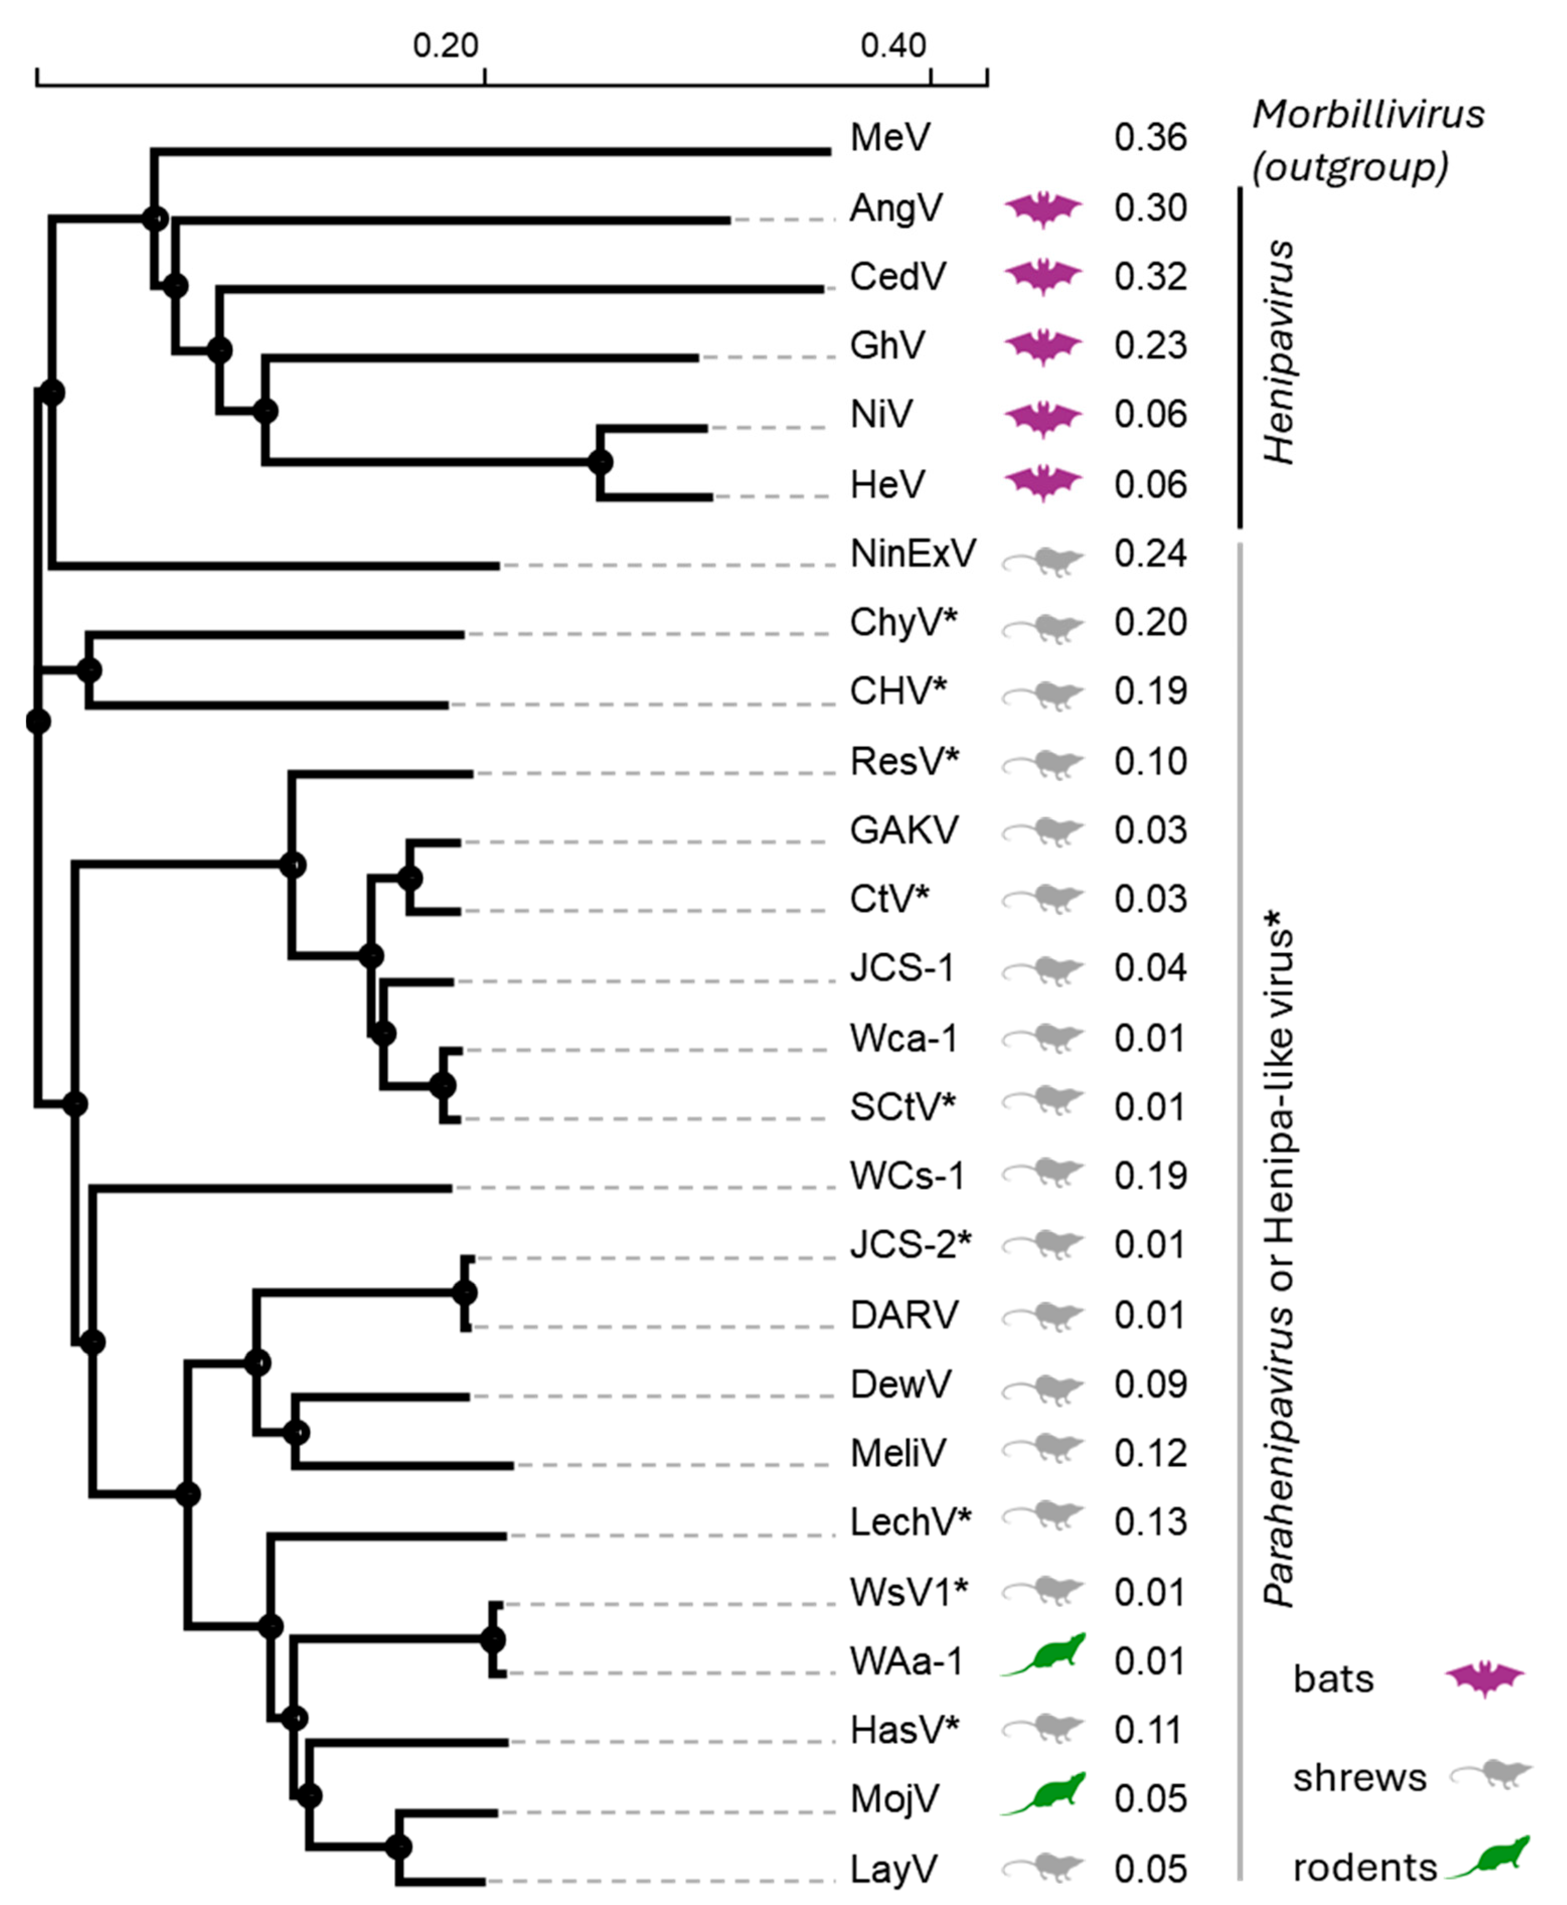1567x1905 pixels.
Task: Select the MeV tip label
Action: coord(890,138)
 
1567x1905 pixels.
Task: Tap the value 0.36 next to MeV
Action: coord(1150,138)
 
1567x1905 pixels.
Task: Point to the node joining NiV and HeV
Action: coord(600,462)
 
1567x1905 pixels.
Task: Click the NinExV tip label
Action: coord(912,553)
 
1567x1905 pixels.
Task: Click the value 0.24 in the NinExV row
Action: coord(1150,553)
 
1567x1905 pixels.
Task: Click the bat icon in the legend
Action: coord(1484,1679)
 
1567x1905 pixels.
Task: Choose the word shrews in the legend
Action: coord(1359,1778)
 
